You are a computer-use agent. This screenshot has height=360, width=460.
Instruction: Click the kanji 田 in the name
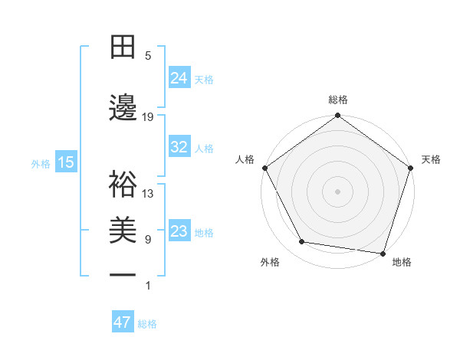coord(123,48)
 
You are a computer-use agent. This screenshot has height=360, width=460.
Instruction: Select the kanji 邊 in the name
coord(123,108)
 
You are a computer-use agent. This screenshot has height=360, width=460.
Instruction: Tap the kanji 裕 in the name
coord(123,185)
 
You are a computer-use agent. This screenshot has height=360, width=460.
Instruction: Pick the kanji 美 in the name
coord(123,230)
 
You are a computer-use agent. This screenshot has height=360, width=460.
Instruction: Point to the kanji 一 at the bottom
coord(123,276)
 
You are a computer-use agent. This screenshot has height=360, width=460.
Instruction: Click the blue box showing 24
coord(179,77)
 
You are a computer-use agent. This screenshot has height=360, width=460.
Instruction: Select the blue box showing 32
coord(179,147)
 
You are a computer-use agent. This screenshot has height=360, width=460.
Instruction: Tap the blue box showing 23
coord(179,231)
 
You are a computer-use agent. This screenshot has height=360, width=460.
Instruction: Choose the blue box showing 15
coord(65,162)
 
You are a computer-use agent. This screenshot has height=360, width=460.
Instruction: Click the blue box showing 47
coord(123,322)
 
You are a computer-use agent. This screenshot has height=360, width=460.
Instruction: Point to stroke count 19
coord(148,117)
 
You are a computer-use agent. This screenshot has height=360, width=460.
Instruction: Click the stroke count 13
coord(148,194)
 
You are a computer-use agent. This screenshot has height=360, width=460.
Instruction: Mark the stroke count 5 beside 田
coord(148,56)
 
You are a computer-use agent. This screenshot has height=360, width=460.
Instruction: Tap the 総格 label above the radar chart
coord(338,100)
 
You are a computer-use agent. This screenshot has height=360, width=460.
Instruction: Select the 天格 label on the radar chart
coord(431,159)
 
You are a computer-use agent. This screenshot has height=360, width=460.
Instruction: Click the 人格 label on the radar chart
coord(245,159)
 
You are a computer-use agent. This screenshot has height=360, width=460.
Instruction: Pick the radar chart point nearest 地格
coord(383,253)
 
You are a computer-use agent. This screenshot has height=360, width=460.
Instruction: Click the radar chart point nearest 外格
coord(302,242)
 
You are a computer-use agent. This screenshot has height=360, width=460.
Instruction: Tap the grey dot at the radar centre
coord(338,191)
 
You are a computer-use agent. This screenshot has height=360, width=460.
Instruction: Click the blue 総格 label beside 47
coord(147,324)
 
